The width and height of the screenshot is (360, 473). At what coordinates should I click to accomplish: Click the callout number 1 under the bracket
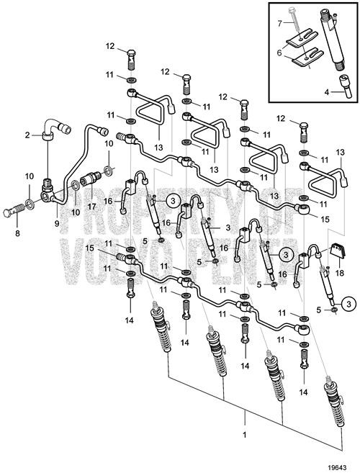(x=246, y=436)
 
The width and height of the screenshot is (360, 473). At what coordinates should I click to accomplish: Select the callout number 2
(x=28, y=135)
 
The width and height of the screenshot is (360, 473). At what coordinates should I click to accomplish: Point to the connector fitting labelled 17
(x=94, y=176)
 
